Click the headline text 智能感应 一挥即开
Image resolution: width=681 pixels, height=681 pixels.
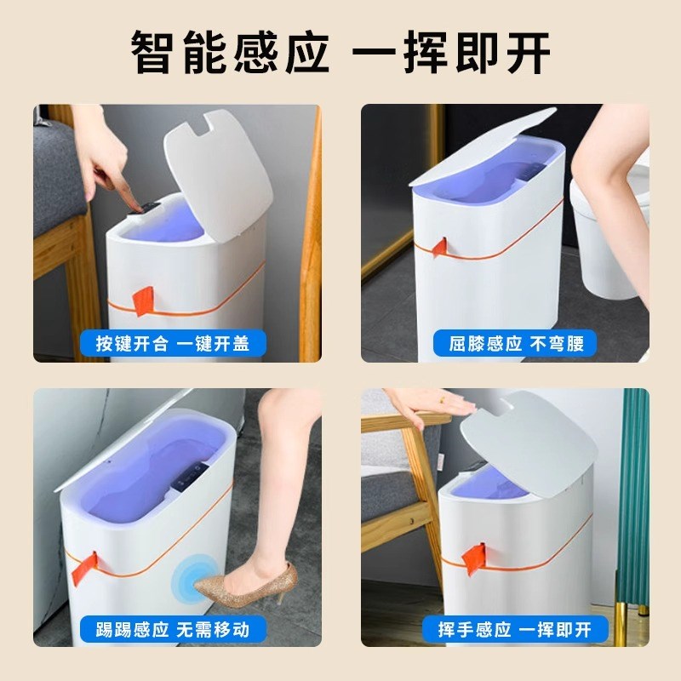pyautogui.click(x=340, y=53)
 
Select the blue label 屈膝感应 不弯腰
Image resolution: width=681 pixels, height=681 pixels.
pyautogui.click(x=521, y=343)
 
